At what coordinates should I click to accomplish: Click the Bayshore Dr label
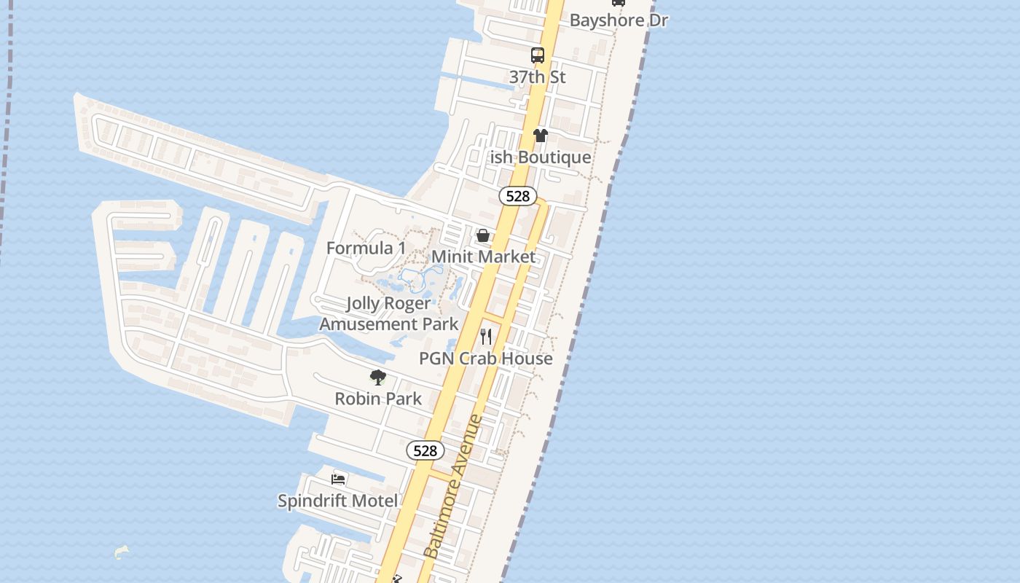tap(619, 20)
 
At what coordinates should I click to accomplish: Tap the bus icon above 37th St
tap(538, 55)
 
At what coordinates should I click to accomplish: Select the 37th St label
tap(538, 77)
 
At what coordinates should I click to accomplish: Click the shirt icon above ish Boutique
tap(541, 136)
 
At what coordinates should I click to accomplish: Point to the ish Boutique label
tap(541, 157)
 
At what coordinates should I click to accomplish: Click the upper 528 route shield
tap(518, 196)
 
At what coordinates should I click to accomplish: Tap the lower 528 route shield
tap(425, 450)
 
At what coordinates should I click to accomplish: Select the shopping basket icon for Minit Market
tap(483, 235)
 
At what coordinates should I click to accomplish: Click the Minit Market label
tap(484, 257)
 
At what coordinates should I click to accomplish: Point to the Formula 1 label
tap(366, 248)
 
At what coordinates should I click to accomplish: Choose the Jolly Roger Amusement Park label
tap(389, 313)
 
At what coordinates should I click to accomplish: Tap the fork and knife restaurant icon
tap(486, 337)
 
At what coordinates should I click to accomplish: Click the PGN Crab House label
tap(486, 359)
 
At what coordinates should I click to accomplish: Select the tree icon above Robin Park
tap(377, 377)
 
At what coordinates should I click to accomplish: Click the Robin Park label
tap(378, 399)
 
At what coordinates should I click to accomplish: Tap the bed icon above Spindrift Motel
tap(338, 479)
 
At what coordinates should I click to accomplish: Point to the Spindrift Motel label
tap(338, 501)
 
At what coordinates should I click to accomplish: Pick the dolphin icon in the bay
tap(122, 552)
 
